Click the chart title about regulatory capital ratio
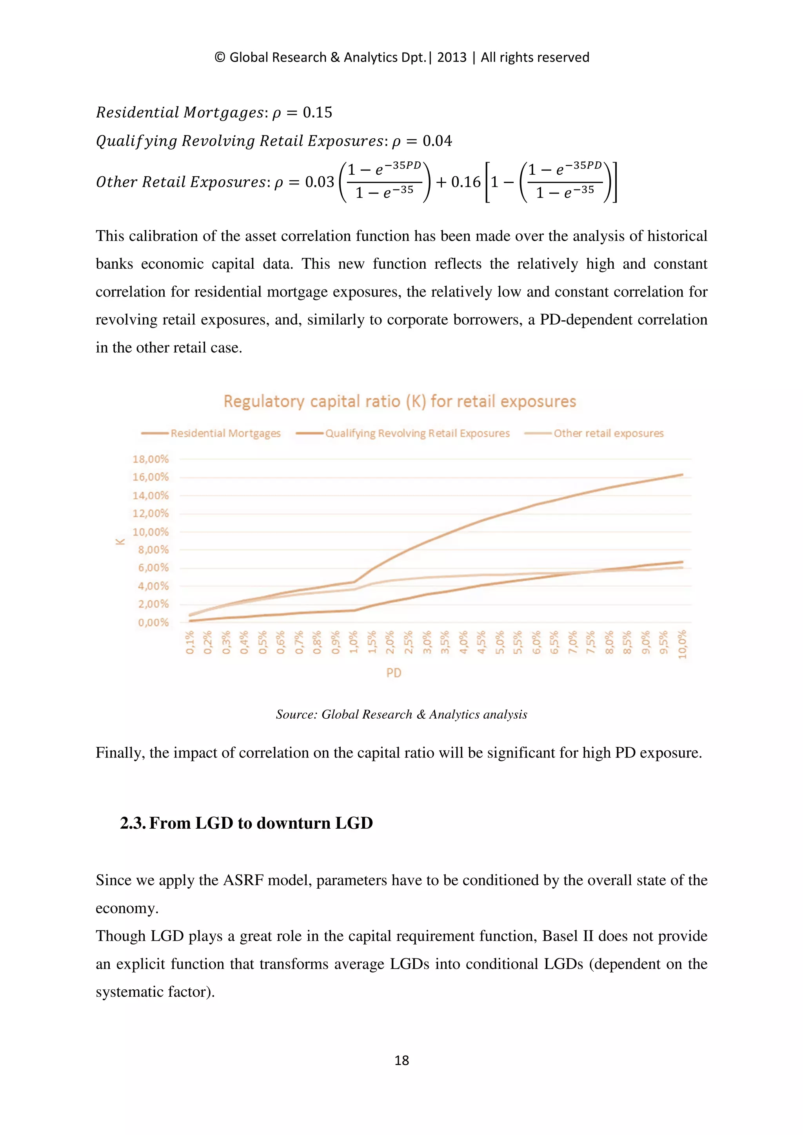click(x=400, y=401)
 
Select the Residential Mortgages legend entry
click(x=225, y=434)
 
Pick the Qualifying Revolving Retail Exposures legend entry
click(x=416, y=434)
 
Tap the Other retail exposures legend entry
click(x=608, y=434)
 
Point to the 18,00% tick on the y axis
click(x=151, y=459)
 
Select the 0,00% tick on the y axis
click(x=153, y=622)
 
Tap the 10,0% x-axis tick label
click(x=682, y=644)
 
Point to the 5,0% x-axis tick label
click(x=500, y=642)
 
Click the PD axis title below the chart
click(x=394, y=673)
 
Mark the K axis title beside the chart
click(x=120, y=541)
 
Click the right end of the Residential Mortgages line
click(x=682, y=475)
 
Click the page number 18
click(x=401, y=1060)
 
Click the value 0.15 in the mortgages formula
click(x=317, y=113)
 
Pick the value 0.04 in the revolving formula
click(x=437, y=141)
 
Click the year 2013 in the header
click(x=452, y=57)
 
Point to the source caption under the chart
click(x=401, y=714)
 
